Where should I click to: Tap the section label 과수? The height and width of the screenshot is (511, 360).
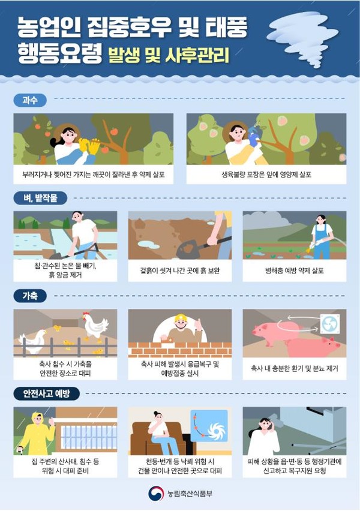30,100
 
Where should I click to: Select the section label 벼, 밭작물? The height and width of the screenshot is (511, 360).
40,198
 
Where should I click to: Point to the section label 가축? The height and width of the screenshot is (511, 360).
30,296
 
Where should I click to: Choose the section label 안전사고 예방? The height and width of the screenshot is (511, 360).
47,393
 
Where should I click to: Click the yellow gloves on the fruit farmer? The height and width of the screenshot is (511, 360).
89,146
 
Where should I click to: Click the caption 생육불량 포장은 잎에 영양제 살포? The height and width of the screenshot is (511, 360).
266,175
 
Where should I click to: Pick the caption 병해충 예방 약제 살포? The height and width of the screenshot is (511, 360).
295,270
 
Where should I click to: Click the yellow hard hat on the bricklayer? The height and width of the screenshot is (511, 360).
180,318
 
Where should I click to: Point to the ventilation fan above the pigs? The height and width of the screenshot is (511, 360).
329,324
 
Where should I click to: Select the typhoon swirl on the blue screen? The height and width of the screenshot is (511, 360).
216,431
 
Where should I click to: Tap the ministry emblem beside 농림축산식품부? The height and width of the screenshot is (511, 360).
156,494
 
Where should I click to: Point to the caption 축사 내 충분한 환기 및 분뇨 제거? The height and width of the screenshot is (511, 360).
295,368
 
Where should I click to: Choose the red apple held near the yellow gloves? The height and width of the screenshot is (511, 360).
104,149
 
